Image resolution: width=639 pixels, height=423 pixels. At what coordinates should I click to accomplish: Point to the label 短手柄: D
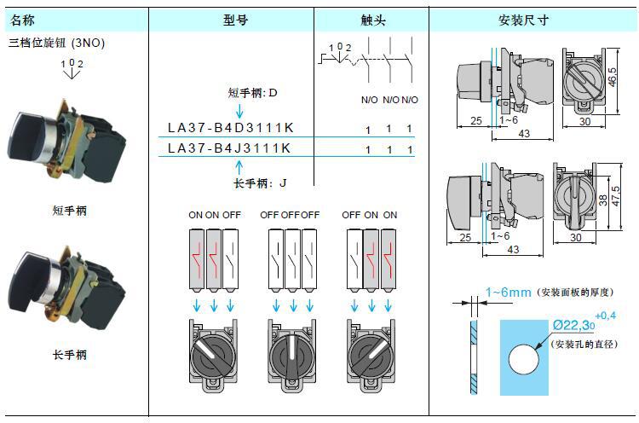(x=253, y=92)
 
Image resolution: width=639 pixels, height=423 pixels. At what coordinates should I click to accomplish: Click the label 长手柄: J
(x=260, y=183)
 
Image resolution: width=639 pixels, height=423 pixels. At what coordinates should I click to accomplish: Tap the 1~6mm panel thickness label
(x=508, y=293)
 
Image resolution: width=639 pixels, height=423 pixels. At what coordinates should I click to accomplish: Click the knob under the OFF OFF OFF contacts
(x=288, y=353)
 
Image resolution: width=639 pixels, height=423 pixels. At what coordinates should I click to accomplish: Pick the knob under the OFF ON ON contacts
(x=370, y=353)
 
